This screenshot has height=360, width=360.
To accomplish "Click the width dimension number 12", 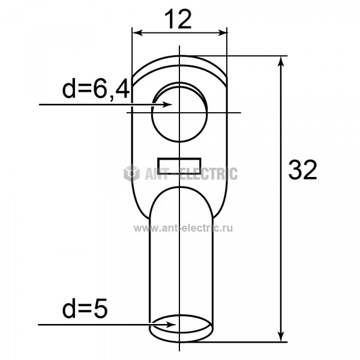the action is (x=178, y=20).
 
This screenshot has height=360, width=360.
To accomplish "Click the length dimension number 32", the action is (x=302, y=170).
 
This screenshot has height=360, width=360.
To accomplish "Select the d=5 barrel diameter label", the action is (x=85, y=308).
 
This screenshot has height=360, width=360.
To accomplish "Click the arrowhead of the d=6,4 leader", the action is (x=167, y=104).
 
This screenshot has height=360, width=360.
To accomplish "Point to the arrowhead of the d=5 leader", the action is (x=170, y=325).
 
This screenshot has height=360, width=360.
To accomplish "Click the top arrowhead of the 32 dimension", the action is (x=281, y=61).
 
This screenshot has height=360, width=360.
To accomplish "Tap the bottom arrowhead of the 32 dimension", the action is (x=281, y=337).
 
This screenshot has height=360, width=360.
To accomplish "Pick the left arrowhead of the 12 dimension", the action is (x=138, y=33).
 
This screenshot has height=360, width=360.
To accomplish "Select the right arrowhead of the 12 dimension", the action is (x=221, y=33).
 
